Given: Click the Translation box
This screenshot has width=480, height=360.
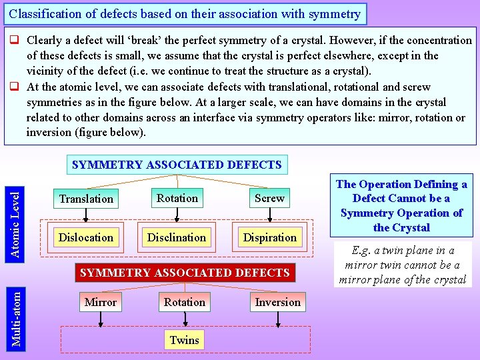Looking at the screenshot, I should [86, 199].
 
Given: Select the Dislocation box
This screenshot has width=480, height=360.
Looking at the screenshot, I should [86, 237].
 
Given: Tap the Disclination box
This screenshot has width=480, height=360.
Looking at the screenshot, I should [177, 237].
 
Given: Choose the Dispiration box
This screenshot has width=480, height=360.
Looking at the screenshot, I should [269, 237].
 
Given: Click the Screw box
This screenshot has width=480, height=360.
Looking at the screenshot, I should [269, 198].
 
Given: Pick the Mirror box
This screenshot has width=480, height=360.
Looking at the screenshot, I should [101, 302].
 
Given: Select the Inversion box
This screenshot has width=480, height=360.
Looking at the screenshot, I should [277, 302].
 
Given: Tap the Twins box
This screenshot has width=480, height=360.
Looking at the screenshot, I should [184, 340].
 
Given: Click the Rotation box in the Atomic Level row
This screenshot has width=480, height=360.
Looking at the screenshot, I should [177, 198].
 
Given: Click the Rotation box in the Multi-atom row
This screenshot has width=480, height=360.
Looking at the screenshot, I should [185, 302].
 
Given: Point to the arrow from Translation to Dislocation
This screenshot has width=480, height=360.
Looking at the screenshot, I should [86, 215].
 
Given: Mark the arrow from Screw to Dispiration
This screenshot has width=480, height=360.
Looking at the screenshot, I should [269, 215].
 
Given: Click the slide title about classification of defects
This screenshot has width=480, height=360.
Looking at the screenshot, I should [185, 13].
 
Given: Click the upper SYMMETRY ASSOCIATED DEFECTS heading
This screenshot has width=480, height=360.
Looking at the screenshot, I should [177, 165].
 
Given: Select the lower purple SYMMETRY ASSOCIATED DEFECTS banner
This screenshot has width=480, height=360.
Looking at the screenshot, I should [185, 272].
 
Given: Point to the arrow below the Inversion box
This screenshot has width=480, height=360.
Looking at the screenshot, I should [277, 320].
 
